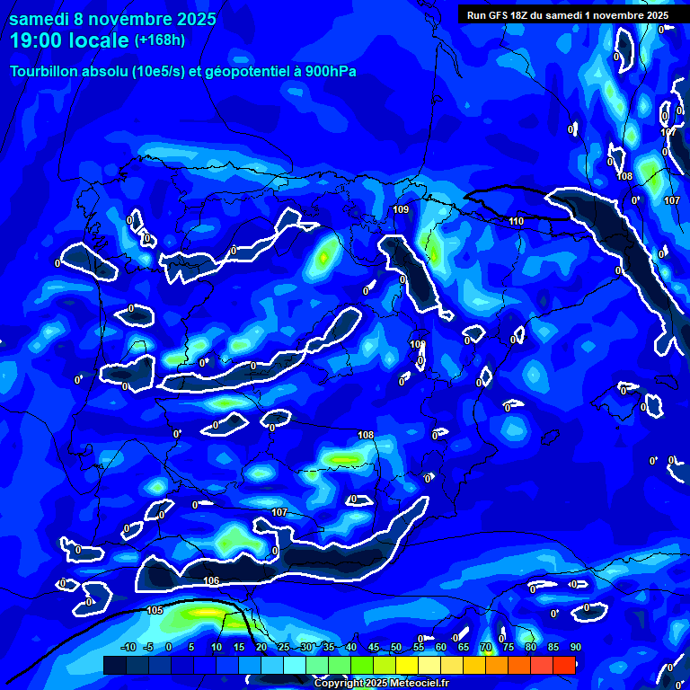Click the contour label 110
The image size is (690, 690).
(x=516, y=221)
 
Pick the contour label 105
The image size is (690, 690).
(x=155, y=610)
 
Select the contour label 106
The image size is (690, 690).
(x=211, y=580)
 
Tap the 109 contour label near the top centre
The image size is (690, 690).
(x=401, y=209)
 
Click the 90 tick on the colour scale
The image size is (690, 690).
(x=575, y=647)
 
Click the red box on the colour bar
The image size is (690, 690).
(x=563, y=665)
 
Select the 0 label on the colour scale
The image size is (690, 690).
(x=169, y=647)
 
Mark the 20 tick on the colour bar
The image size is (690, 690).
(x=261, y=647)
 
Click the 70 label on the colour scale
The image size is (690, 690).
(x=486, y=647)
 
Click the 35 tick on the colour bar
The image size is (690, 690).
(x=329, y=647)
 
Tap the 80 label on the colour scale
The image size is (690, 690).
(x=531, y=647)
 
